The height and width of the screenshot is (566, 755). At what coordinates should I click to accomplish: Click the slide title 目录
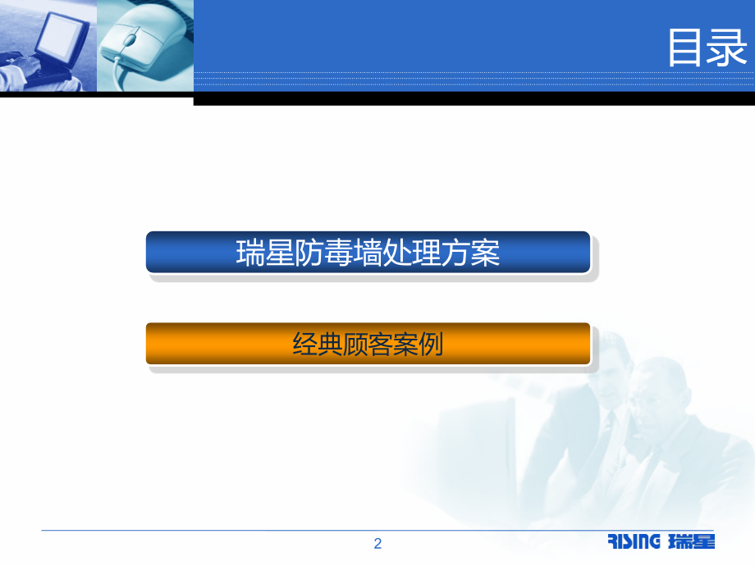pos(707,48)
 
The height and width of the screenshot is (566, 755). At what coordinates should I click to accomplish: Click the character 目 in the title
pos(686,48)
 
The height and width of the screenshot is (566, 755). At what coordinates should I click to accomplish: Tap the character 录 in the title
pos(729,48)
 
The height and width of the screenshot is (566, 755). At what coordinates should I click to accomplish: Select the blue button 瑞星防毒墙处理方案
pos(368,252)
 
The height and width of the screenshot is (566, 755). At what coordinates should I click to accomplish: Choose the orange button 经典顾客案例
pos(368,344)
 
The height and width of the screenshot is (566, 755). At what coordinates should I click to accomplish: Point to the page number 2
pos(377,543)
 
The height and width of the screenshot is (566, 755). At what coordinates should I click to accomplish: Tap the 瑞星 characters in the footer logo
pos(691,541)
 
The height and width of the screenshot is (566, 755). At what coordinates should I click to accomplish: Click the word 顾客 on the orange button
pos(368,344)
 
